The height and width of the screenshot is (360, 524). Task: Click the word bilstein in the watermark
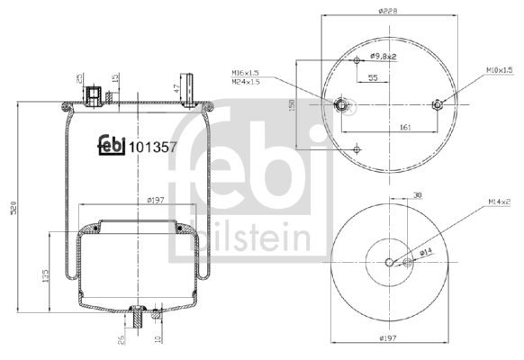click(255, 237)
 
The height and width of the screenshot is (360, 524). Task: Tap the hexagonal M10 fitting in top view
click(437, 105)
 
